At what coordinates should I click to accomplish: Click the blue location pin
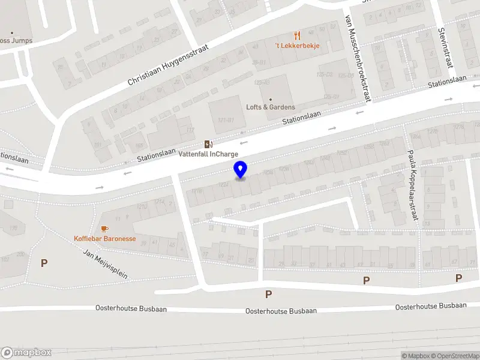point(240,170)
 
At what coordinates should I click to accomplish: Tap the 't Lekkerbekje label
point(297,46)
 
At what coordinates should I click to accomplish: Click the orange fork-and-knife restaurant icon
point(297,35)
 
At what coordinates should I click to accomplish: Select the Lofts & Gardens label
point(271,107)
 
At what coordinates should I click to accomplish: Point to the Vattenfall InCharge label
point(208,154)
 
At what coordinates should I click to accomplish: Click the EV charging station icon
point(208,144)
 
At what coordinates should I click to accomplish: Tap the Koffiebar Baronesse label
point(104,238)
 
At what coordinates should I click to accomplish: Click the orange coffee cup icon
point(104,229)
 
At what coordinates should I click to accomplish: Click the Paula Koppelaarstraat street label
point(412,185)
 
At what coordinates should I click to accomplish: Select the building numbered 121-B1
point(226,120)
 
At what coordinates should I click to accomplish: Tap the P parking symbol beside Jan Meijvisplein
point(44,263)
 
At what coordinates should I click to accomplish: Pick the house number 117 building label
point(191,130)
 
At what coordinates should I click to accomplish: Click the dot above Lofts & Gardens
point(271,100)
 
